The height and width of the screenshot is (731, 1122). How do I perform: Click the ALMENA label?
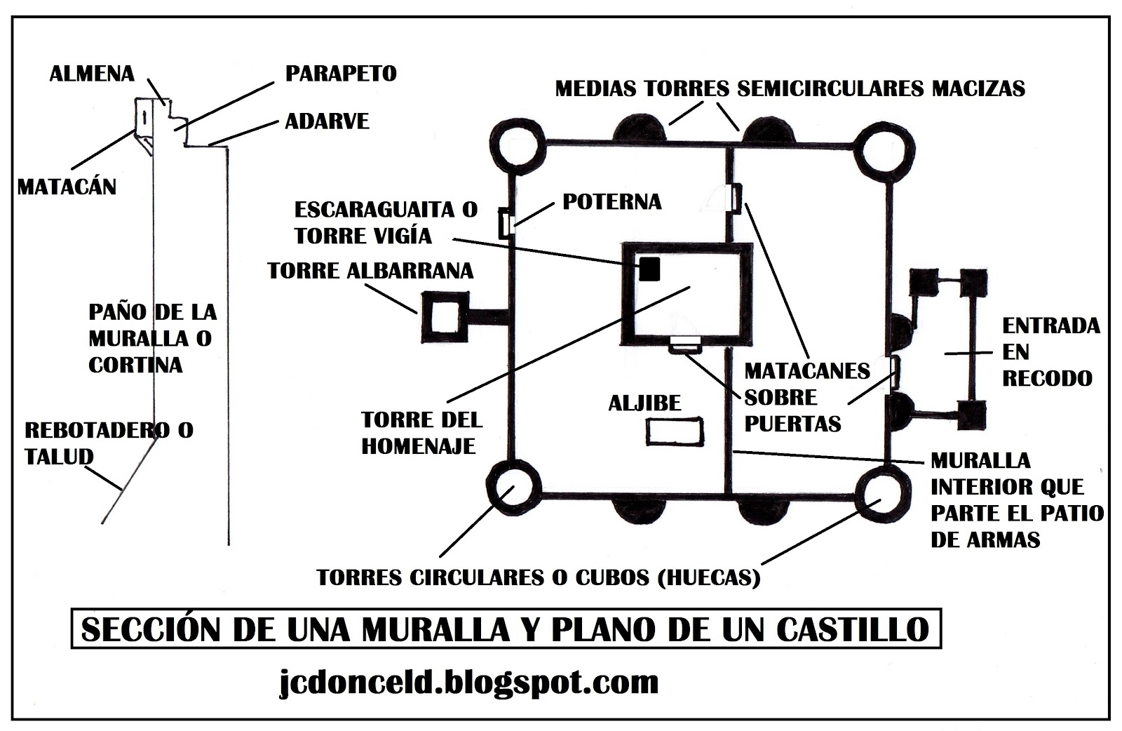pyautogui.click(x=92, y=74)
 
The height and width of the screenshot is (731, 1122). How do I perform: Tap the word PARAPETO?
pyautogui.click(x=341, y=73)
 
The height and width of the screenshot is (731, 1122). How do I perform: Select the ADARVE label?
pyautogui.click(x=327, y=121)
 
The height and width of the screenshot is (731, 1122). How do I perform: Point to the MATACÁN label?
pyautogui.click(x=67, y=187)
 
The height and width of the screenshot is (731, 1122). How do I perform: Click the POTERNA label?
pyautogui.click(x=612, y=202)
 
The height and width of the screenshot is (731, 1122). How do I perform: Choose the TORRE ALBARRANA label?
pyautogui.click(x=371, y=271)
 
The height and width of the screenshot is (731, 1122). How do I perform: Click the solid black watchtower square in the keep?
pyautogui.click(x=649, y=269)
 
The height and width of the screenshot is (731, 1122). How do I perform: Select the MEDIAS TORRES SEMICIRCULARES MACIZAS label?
pyautogui.click(x=790, y=88)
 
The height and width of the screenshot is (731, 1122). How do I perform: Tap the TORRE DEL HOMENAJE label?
pyautogui.click(x=421, y=432)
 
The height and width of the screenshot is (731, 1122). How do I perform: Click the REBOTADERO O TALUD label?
pyautogui.click(x=109, y=442)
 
